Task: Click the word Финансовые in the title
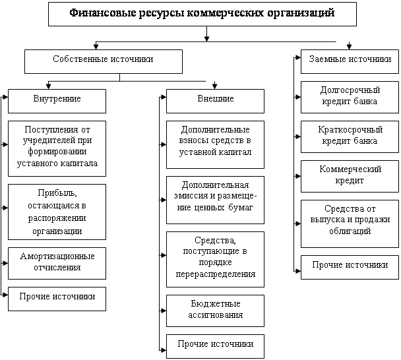coord(103,13)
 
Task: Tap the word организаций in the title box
coord(301,13)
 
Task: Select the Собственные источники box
coord(104,61)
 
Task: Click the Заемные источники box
coord(350,61)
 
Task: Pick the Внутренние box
coord(57,102)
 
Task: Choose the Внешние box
coord(215,102)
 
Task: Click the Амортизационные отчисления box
coord(57,263)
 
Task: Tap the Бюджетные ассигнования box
coord(215,311)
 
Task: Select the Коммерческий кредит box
coord(350,176)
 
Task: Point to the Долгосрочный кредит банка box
coord(350,97)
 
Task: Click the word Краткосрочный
coord(350,129)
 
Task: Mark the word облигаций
coord(350,231)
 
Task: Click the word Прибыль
coord(57,193)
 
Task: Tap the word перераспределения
coord(215,274)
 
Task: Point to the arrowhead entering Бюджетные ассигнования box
coord(164,311)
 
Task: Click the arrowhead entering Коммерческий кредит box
coord(298,176)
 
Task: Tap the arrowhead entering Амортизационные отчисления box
coord(5,263)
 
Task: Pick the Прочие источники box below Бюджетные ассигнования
coord(215,346)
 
